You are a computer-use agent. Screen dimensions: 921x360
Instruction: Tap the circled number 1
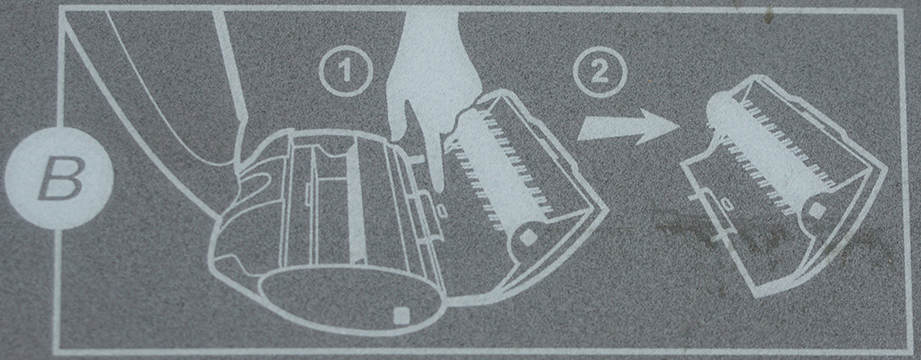(x=345, y=70)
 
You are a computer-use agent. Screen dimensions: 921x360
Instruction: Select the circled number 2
(x=600, y=72)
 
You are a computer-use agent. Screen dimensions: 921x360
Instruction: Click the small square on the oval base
(x=402, y=315)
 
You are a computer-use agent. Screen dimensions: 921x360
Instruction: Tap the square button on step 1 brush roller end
(x=529, y=238)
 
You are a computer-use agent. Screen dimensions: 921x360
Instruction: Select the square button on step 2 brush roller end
(x=817, y=210)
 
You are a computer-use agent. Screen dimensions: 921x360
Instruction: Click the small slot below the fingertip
(x=442, y=210)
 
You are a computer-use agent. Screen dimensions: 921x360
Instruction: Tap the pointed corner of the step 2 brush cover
(x=886, y=170)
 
